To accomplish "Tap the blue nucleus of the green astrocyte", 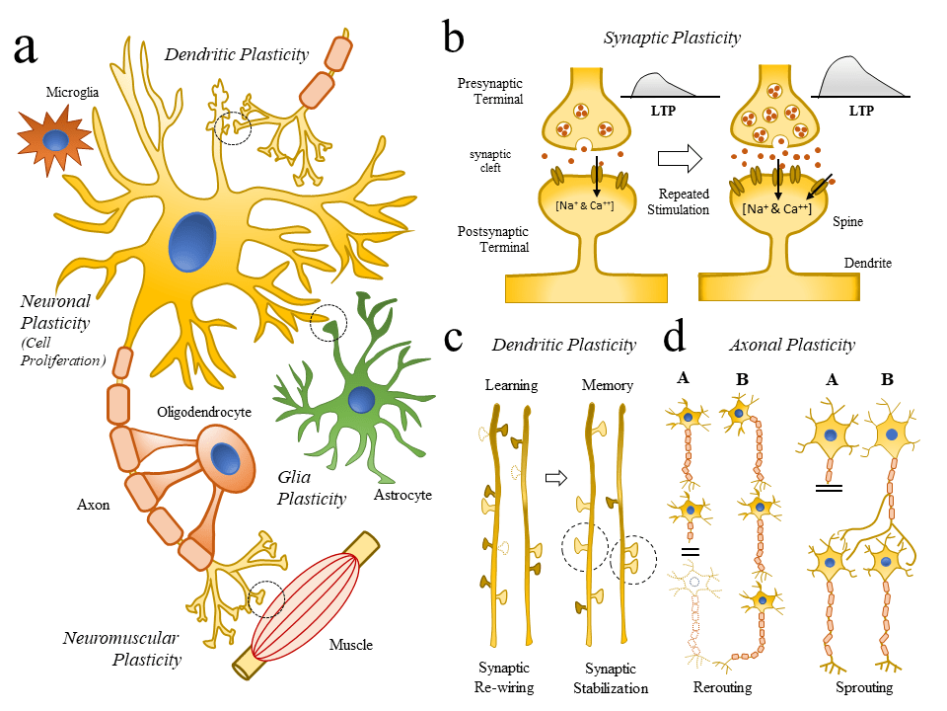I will tap(362, 400).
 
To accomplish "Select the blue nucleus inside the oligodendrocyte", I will tap(226, 459).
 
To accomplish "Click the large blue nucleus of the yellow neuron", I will tap(191, 242).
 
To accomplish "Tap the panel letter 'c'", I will tap(454, 339).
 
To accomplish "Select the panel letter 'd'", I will tap(674, 339).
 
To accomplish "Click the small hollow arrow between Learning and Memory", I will tap(557, 478).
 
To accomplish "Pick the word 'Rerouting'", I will tap(722, 687).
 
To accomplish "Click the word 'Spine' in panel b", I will tap(846, 222).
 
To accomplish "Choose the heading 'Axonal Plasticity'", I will tap(791, 346).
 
